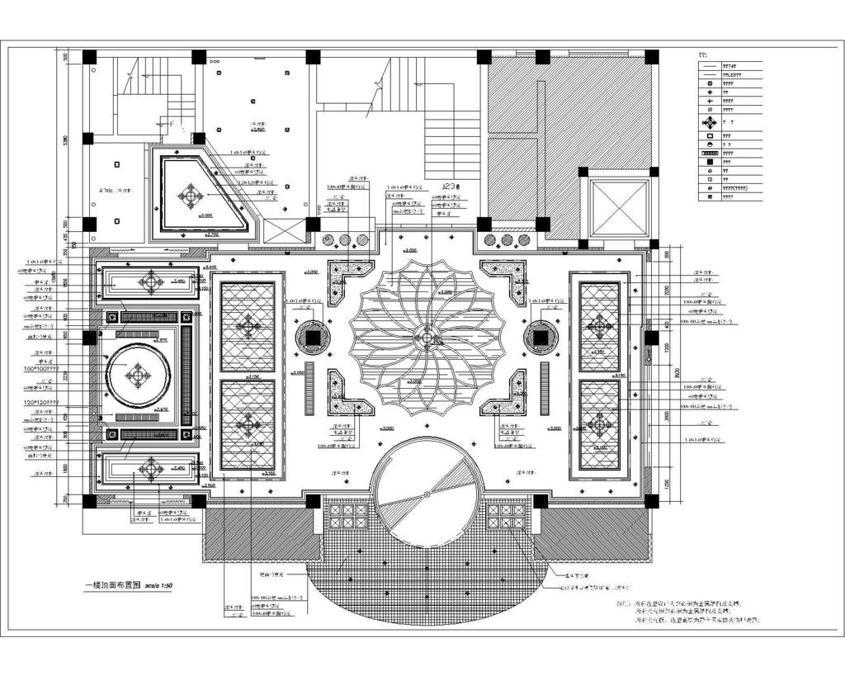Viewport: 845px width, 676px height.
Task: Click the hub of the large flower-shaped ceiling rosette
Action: point(426,337)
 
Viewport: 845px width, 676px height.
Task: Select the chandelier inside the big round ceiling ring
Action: point(138,376)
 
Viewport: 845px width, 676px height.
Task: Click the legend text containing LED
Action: point(732,74)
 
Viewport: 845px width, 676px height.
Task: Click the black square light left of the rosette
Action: point(313,337)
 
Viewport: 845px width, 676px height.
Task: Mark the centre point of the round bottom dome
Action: point(426,494)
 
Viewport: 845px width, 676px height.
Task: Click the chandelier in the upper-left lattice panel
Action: point(248,327)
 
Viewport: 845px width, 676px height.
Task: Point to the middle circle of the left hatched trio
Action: point(344,241)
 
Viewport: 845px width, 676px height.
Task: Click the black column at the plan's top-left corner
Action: point(89,57)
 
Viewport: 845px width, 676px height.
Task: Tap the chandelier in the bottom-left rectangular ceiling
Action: point(151,470)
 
